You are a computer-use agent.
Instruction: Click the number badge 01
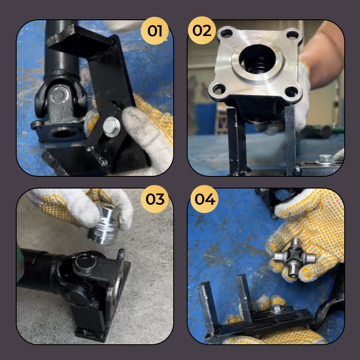point(155,31)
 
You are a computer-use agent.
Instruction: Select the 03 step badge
point(155,199)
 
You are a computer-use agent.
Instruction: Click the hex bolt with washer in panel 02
point(325,158)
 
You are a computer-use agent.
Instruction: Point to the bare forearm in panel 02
point(324,54)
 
